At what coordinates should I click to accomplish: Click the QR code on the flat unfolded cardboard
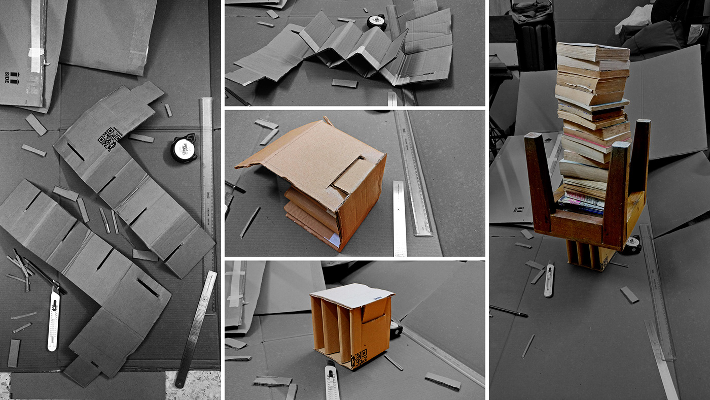(110, 139)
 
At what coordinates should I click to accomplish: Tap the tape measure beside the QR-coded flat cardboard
(184, 148)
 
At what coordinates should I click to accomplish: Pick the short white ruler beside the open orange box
(400, 218)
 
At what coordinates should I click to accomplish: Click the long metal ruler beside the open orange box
(413, 173)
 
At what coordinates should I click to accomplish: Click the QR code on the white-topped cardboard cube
(359, 358)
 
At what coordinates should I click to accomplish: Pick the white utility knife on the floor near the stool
(549, 279)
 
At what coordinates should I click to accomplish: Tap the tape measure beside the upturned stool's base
(631, 246)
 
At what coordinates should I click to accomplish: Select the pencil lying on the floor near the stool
(509, 311)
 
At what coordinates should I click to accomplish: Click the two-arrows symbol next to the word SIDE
(14, 78)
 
